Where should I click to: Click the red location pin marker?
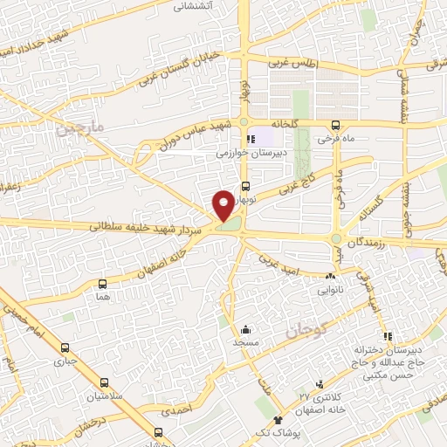pos(223,205)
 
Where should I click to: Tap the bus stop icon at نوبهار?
pos(245,185)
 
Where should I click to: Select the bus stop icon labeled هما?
pos(103,284)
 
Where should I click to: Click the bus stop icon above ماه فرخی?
pos(336,126)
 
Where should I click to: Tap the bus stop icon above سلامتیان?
pos(104,382)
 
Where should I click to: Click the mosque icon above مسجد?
pos(245,330)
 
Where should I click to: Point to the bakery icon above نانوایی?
pos(328,277)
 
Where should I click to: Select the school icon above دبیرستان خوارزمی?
pos(250,138)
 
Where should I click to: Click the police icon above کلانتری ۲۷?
pos(320,383)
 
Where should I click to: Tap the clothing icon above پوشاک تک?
pos(279,420)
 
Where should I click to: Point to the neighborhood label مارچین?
pos(80,127)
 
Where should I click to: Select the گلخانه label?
pos(283,124)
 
